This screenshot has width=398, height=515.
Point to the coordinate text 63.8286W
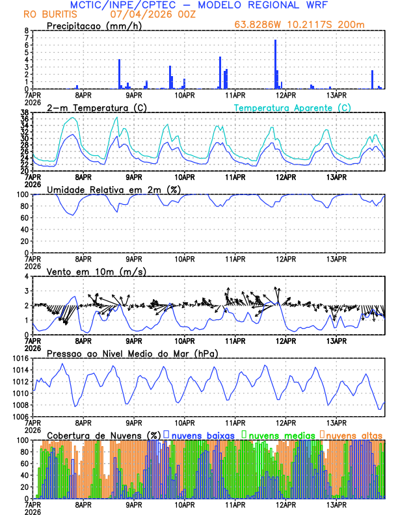coord(259,25)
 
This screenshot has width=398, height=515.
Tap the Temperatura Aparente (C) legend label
coord(293,107)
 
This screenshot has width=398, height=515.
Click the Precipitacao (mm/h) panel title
coord(92,25)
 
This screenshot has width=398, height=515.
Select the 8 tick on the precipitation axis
coord(26,31)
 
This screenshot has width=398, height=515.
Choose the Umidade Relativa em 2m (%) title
coord(111,189)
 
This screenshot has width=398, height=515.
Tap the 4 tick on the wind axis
coord(26,276)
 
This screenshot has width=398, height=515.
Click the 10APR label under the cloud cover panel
coord(185,505)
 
